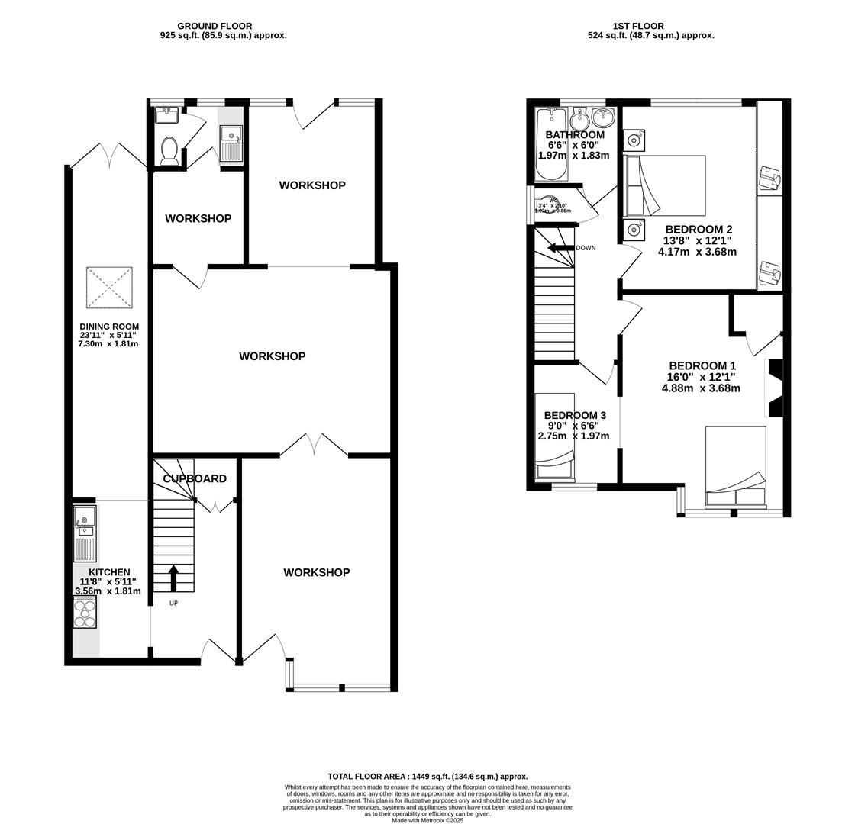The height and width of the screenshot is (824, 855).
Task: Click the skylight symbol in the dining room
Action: point(109,288)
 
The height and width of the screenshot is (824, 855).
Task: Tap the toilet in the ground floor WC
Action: point(169,150)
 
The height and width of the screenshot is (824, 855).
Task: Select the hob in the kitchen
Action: point(85,613)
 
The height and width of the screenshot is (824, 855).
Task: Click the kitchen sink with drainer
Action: point(85,533)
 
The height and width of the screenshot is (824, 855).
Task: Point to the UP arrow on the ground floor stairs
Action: point(173,578)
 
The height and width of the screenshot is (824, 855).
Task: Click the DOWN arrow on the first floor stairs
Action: point(560,248)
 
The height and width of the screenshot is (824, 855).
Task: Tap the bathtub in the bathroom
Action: point(551,143)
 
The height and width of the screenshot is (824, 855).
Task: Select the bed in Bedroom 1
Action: point(735,467)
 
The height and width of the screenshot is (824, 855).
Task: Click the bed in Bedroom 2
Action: point(664,185)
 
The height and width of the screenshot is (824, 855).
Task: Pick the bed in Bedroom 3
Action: point(553,436)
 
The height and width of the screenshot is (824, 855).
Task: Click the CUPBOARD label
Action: point(195,479)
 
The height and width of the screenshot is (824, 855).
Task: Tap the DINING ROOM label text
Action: point(109,327)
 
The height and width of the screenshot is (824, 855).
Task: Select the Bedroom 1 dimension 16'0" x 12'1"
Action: point(701,377)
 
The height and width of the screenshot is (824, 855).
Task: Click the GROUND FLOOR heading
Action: point(215,26)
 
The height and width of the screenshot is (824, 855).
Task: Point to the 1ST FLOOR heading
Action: point(637,26)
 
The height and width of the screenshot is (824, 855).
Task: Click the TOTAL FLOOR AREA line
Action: point(427,777)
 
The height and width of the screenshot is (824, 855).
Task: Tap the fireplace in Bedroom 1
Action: point(774,388)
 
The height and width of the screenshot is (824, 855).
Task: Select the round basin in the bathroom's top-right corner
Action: point(603,117)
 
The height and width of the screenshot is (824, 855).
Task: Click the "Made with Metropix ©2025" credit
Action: point(427,820)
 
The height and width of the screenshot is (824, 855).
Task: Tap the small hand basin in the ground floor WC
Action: point(166,115)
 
